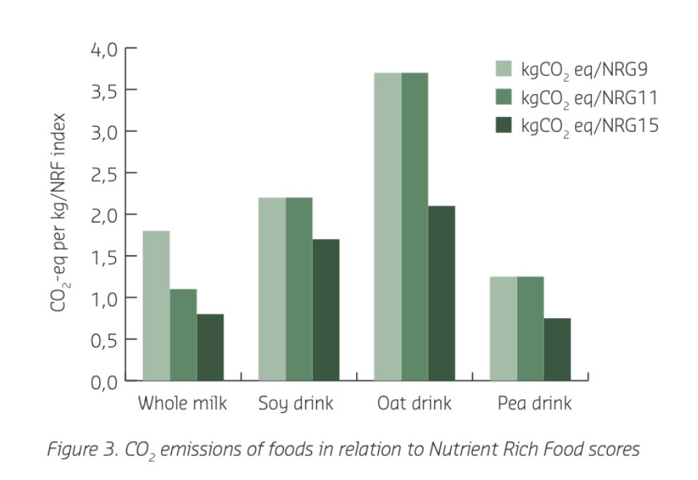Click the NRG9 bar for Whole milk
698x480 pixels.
tap(156, 306)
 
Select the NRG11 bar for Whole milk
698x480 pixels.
tap(183, 335)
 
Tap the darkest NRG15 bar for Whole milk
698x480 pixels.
tap(210, 347)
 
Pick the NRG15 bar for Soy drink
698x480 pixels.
tap(326, 310)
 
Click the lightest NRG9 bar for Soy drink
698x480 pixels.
tap(272, 289)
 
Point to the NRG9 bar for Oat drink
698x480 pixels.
tap(388, 227)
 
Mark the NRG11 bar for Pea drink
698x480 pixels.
tap(530, 328)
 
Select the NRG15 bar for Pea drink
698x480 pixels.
tap(557, 349)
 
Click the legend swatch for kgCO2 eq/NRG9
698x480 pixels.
tap(504, 69)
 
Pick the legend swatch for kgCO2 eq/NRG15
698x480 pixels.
tap(504, 125)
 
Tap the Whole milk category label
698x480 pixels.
tap(182, 403)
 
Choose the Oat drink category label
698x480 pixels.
tap(414, 403)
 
